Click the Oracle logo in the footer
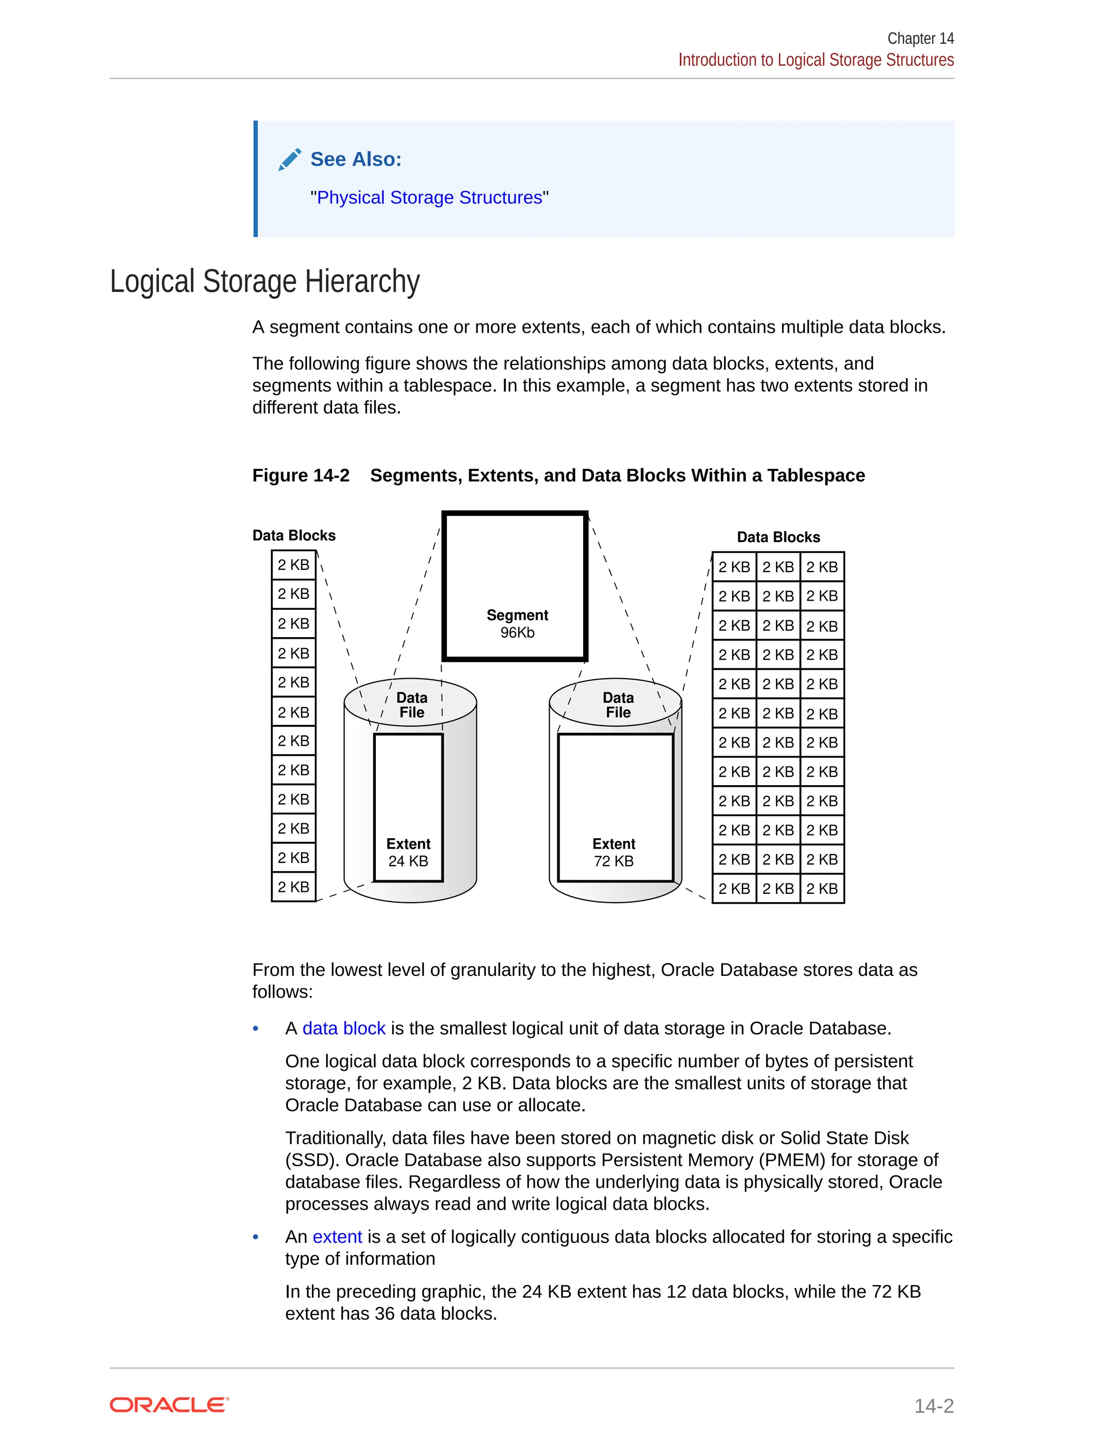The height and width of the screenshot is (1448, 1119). tap(169, 1405)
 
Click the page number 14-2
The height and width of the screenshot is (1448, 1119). tap(933, 1405)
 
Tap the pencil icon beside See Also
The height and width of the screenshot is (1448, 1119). tap(290, 160)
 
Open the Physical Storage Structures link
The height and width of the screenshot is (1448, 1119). tap(429, 198)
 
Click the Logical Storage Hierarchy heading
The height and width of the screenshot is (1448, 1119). tap(264, 281)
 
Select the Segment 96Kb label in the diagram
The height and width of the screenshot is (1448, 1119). tap(517, 623)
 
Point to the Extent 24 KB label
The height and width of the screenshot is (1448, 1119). tap(408, 852)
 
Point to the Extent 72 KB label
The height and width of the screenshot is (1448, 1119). tap(614, 852)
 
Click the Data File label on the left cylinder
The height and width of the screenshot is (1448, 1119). tap(411, 705)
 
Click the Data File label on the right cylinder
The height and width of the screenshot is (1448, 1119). tap(618, 705)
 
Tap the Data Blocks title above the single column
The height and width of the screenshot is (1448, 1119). tap(293, 535)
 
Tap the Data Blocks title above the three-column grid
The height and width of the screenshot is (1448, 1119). tap(778, 537)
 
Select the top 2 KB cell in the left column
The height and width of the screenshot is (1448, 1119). tap(293, 565)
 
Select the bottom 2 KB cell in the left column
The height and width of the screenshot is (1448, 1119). tap(293, 887)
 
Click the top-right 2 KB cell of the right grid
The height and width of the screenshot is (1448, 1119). tap(822, 567)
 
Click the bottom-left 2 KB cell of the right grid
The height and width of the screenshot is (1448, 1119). tap(734, 888)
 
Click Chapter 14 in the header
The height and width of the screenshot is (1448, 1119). tap(920, 38)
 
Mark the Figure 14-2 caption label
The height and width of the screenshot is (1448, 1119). tap(301, 475)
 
